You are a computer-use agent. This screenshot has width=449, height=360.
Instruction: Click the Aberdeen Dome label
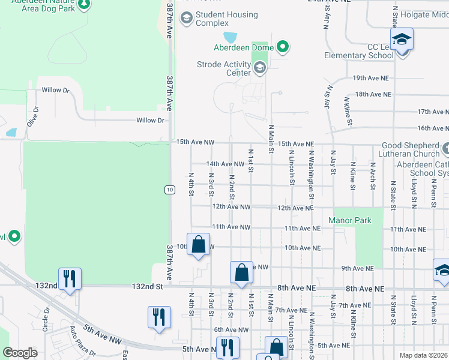tap(244, 47)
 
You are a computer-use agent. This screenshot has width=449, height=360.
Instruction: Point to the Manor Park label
tap(350, 220)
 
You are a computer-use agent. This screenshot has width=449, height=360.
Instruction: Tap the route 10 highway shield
tap(170, 190)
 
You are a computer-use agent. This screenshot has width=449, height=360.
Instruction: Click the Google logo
tap(20, 352)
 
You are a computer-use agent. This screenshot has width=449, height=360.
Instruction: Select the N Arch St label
tap(373, 176)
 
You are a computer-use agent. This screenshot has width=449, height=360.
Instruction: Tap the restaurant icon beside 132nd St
tap(70, 279)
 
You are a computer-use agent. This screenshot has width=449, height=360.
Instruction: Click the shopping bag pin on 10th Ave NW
tap(199, 245)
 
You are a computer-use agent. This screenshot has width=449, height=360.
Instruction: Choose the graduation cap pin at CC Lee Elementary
tap(402, 40)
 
